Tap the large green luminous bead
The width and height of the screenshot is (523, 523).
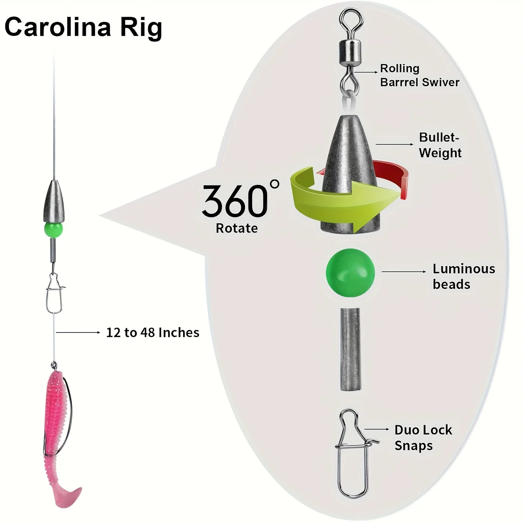point(350,273)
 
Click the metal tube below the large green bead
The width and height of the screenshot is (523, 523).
point(350,349)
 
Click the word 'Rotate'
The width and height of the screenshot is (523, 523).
point(237,228)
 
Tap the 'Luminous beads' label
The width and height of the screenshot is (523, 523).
point(464,277)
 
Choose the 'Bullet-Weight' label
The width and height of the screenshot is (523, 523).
point(440,145)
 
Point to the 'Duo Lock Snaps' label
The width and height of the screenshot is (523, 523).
point(423,438)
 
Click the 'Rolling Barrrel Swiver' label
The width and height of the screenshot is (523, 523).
point(420,75)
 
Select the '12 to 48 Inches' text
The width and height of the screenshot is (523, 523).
point(153,333)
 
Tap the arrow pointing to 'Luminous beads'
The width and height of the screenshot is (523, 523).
point(404,272)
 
